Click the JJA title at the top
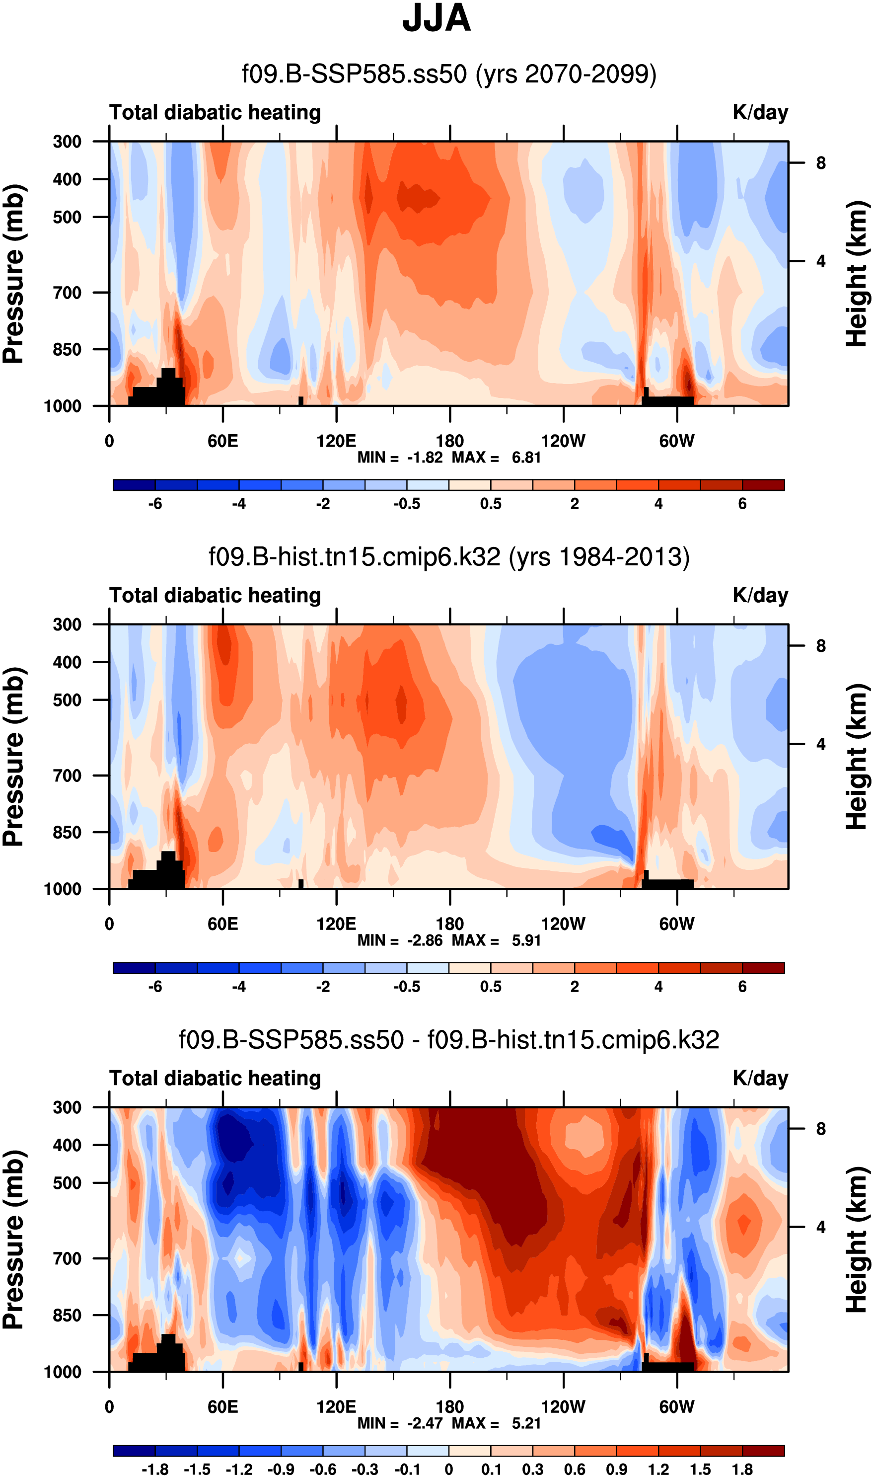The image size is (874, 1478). (437, 19)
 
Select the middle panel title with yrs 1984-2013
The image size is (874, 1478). (449, 557)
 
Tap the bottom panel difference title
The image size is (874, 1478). (449, 1040)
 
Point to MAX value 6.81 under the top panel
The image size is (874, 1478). (526, 458)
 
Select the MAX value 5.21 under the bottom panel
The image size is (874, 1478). (526, 1423)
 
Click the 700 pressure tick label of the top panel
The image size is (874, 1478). (67, 293)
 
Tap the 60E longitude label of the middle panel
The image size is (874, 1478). (222, 924)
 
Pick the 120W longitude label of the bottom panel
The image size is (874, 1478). (563, 1407)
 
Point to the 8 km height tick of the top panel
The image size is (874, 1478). (820, 163)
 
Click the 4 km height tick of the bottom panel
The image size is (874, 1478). (820, 1227)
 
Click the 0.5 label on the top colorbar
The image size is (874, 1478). (491, 504)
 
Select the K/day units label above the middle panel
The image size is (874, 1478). (760, 596)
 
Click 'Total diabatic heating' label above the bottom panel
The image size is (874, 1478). (215, 1079)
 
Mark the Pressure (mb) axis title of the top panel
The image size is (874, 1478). (13, 274)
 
